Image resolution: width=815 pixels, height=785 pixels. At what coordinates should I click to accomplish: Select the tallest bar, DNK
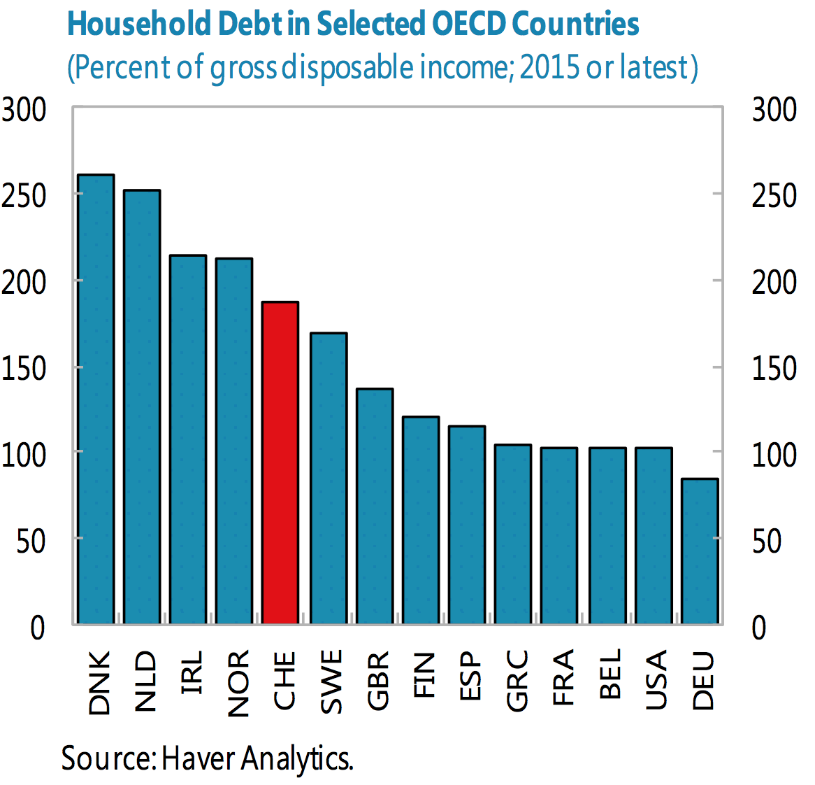click(x=96, y=399)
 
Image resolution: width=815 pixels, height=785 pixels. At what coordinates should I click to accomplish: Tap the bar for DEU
click(x=700, y=551)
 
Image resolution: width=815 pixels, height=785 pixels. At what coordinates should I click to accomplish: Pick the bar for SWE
click(x=329, y=478)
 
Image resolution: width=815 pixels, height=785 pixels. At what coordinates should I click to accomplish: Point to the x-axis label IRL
click(x=191, y=672)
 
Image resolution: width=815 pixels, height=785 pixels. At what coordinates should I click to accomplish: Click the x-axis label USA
click(x=656, y=679)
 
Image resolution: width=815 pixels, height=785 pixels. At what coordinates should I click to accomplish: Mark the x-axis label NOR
click(x=238, y=684)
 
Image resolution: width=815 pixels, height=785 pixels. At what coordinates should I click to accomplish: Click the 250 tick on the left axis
click(x=24, y=195)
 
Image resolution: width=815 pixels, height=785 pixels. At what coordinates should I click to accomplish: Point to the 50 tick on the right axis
click(x=766, y=541)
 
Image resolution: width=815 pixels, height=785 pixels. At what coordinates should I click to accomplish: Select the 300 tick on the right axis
click(x=774, y=109)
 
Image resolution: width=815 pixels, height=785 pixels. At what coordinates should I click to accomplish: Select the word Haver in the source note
click(x=198, y=758)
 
